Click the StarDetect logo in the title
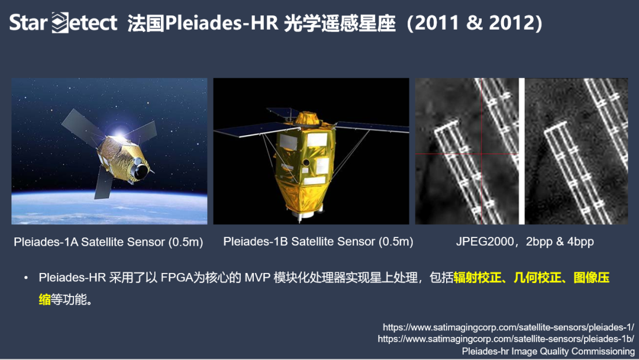click(63, 22)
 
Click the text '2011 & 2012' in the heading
click(477, 22)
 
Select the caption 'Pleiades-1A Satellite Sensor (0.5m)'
click(108, 242)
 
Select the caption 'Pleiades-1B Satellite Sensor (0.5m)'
click(318, 242)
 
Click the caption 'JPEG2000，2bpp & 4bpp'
click(525, 242)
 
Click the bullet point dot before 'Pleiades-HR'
click(26, 278)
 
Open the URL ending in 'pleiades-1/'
click(508, 327)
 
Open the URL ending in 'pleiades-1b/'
click(506, 339)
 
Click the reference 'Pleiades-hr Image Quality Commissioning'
click(548, 351)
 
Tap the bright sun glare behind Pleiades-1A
click(122, 131)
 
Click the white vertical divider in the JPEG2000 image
click(521, 151)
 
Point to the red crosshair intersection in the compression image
click(482, 154)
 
